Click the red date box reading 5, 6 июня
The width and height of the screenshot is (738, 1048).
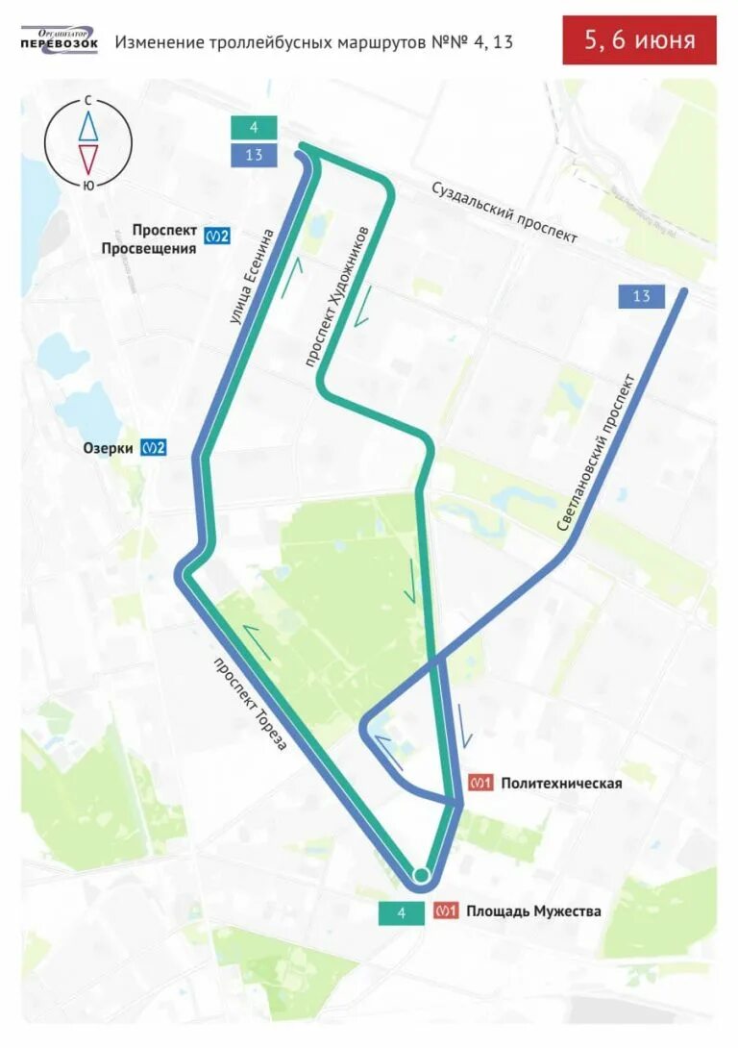tap(639, 40)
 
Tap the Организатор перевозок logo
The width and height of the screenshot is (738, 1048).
tap(60, 41)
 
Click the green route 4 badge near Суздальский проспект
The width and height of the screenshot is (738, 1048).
tap(254, 128)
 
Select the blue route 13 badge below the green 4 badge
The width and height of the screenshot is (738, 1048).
tap(254, 155)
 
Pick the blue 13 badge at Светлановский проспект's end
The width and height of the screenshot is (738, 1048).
tap(641, 296)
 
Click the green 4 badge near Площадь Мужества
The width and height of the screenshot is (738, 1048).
tap(402, 912)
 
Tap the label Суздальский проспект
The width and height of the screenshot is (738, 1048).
tap(504, 212)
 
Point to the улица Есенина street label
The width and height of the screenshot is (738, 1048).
tap(252, 274)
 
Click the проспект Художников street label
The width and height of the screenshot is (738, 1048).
tap(336, 296)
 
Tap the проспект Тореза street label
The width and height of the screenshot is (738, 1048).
tap(250, 703)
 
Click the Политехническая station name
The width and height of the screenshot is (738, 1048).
tap(561, 784)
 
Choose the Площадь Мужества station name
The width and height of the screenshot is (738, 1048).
tap(533, 911)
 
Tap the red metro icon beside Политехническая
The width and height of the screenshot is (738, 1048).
tap(480, 784)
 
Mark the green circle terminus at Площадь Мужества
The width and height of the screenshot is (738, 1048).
tap(420, 874)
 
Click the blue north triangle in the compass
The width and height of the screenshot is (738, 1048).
tap(88, 126)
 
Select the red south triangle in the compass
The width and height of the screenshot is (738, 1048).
tap(88, 159)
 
